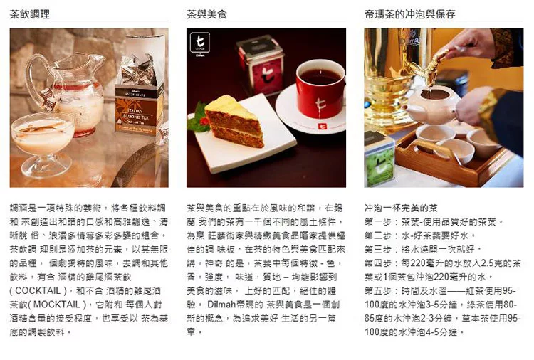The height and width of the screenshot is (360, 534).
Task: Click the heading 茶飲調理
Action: click(30, 14)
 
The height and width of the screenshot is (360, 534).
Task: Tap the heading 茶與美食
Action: click(206, 14)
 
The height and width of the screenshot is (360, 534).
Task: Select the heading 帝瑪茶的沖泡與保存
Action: click(409, 14)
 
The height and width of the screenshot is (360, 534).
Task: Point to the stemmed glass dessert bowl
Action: click(43, 143)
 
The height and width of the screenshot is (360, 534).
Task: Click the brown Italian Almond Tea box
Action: click(140, 109)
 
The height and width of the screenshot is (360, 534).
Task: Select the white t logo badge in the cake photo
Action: click(200, 43)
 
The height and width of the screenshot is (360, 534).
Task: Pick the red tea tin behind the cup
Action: click(261, 65)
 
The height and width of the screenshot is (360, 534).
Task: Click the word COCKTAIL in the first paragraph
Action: click(38, 291)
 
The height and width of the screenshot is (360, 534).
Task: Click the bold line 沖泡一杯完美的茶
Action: click(401, 208)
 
